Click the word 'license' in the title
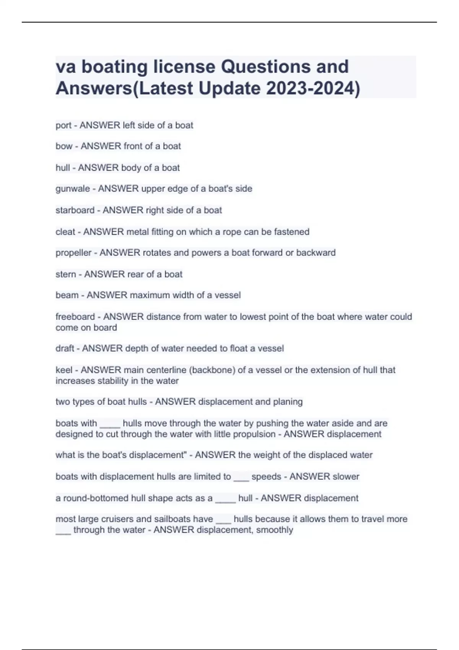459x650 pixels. point(184,67)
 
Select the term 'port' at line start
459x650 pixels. point(63,125)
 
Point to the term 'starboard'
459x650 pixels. point(75,210)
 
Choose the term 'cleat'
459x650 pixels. point(65,232)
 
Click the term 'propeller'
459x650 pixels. point(73,253)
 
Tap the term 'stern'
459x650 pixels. point(65,274)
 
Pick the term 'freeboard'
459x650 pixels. point(75,317)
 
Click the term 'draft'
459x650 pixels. point(65,348)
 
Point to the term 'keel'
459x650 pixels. point(64,370)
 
